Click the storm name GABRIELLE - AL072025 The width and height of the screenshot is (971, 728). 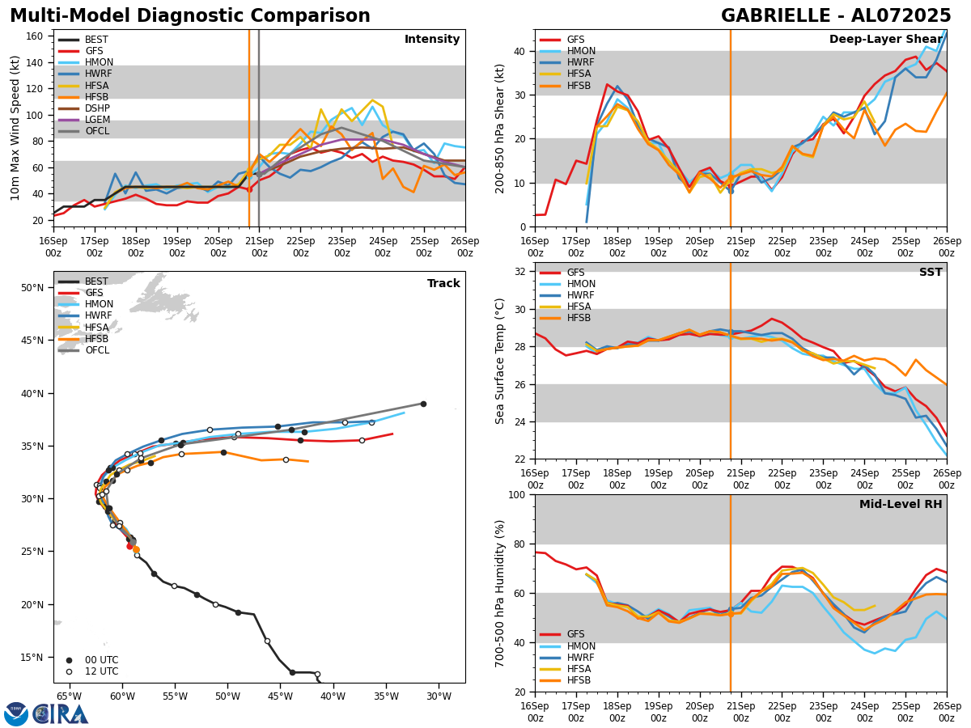click(x=836, y=16)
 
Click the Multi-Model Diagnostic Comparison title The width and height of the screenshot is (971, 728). click(x=190, y=16)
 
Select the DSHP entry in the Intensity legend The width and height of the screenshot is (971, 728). click(x=97, y=108)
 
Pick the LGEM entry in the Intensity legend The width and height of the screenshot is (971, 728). click(x=97, y=120)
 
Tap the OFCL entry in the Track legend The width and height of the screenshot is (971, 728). click(x=96, y=350)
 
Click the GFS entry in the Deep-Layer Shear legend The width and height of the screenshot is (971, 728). click(x=576, y=40)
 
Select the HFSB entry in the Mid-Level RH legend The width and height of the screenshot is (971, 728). click(x=579, y=680)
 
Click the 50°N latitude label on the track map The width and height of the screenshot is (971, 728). click(x=32, y=288)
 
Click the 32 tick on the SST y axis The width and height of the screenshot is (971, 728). click(x=521, y=272)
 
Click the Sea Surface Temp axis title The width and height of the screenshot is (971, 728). click(x=500, y=361)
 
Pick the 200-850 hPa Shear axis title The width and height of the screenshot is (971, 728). click(x=500, y=129)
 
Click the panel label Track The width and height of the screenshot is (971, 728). click(x=443, y=284)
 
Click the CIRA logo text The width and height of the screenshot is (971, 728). click(x=61, y=714)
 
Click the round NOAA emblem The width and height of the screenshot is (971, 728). click(x=16, y=714)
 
